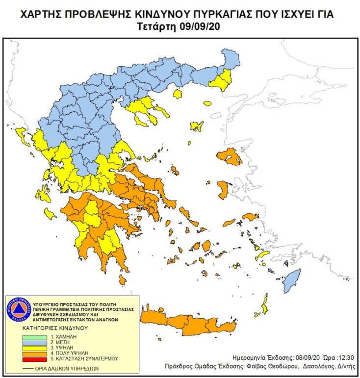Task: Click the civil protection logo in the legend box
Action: pos(18,309)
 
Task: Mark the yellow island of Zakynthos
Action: pos(50,213)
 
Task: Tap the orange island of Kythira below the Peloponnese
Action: pos(122,280)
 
